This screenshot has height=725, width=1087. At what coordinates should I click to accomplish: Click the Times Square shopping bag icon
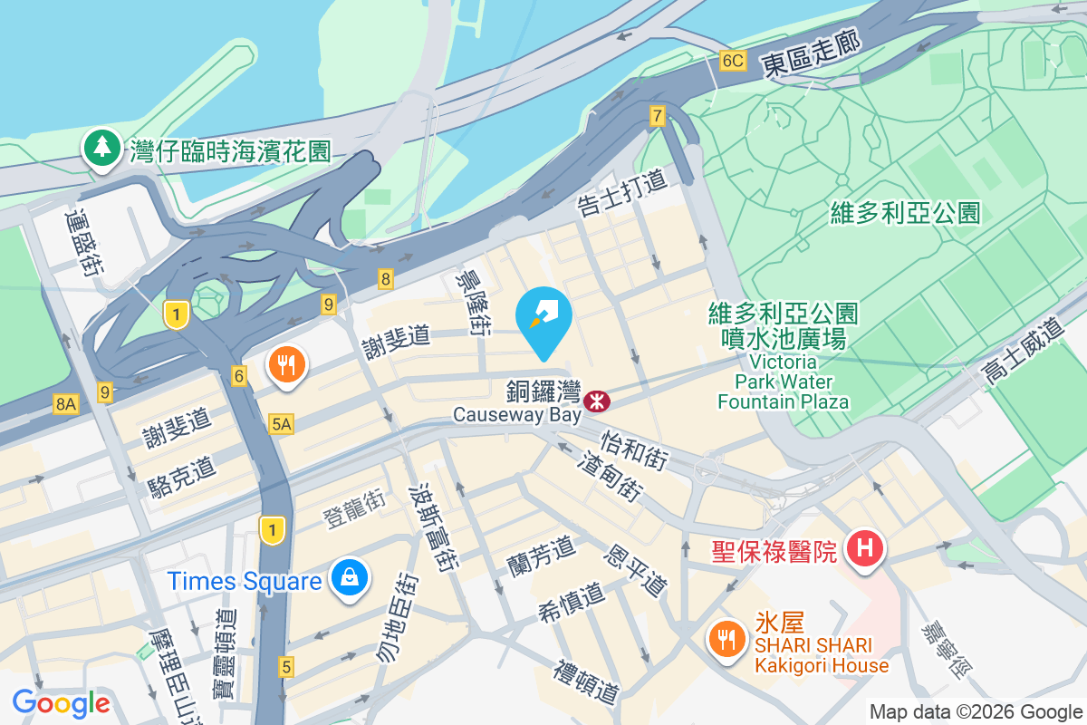(348, 579)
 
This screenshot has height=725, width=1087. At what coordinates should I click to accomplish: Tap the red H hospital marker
(864, 549)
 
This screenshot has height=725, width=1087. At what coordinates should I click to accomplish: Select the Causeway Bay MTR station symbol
(597, 400)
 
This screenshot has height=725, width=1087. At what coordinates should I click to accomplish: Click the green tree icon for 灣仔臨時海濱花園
(102, 148)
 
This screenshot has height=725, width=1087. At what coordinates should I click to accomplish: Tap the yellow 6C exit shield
(732, 62)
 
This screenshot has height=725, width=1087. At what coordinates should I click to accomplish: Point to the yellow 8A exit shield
(65, 404)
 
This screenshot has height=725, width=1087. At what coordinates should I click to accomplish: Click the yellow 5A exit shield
(281, 423)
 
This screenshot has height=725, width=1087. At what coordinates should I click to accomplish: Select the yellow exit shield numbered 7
(658, 115)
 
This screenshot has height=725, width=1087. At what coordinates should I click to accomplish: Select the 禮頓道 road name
(588, 682)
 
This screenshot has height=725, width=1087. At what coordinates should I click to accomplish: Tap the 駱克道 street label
(181, 479)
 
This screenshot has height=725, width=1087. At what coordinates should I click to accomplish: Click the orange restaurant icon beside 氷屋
(726, 640)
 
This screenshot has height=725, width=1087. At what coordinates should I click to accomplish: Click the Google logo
(62, 702)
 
